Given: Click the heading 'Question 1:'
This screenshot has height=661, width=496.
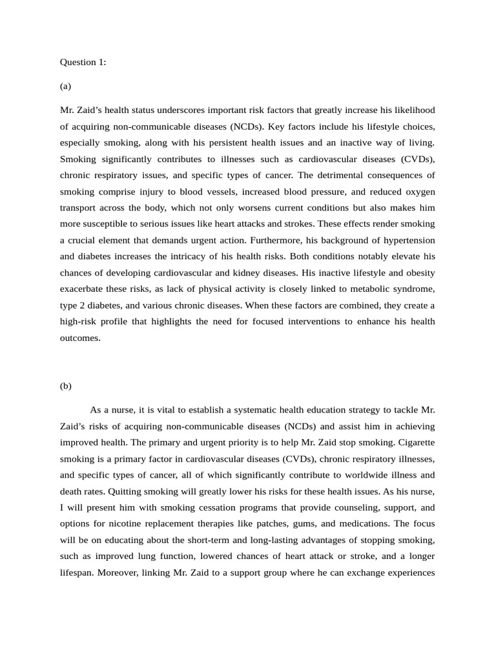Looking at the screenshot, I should coord(83,62).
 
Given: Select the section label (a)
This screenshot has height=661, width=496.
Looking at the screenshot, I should coord(65,86).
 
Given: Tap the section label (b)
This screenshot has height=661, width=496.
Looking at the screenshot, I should coord(66,386).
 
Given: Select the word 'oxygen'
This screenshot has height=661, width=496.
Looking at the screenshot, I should coord(417,191).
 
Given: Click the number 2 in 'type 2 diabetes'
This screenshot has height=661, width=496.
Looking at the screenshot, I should coord(82,305).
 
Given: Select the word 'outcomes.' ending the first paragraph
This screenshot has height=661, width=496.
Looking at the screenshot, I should coord(81,337).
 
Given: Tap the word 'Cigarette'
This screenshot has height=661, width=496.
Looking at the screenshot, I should coord(415,442).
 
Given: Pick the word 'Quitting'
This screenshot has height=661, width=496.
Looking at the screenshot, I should coord(113,491).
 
